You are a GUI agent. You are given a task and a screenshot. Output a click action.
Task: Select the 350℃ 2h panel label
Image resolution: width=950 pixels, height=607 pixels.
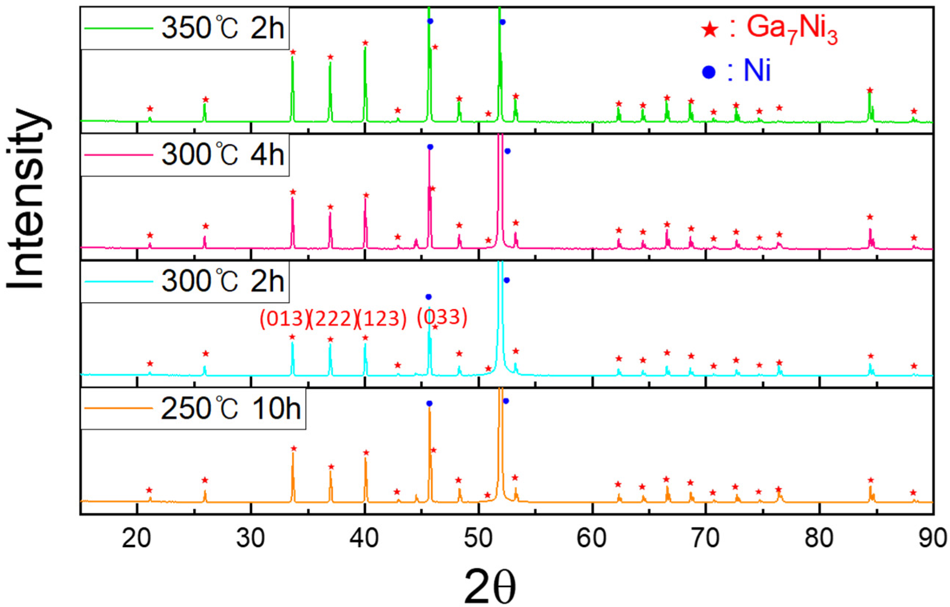tap(222, 28)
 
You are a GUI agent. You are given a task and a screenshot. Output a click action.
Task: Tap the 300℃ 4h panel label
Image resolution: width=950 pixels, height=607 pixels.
tap(222, 155)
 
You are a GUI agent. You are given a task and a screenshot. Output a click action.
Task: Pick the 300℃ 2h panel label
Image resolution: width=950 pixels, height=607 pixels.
tap(222, 281)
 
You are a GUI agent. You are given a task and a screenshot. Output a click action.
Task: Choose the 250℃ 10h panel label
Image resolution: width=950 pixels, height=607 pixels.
tap(231, 409)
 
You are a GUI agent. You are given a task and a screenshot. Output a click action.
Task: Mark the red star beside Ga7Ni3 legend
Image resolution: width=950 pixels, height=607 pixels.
tap(710, 30)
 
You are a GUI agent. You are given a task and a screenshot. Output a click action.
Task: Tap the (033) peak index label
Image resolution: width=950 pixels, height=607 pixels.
tap(442, 317)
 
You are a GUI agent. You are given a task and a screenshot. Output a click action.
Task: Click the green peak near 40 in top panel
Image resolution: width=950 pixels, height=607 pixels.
tap(365, 79)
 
